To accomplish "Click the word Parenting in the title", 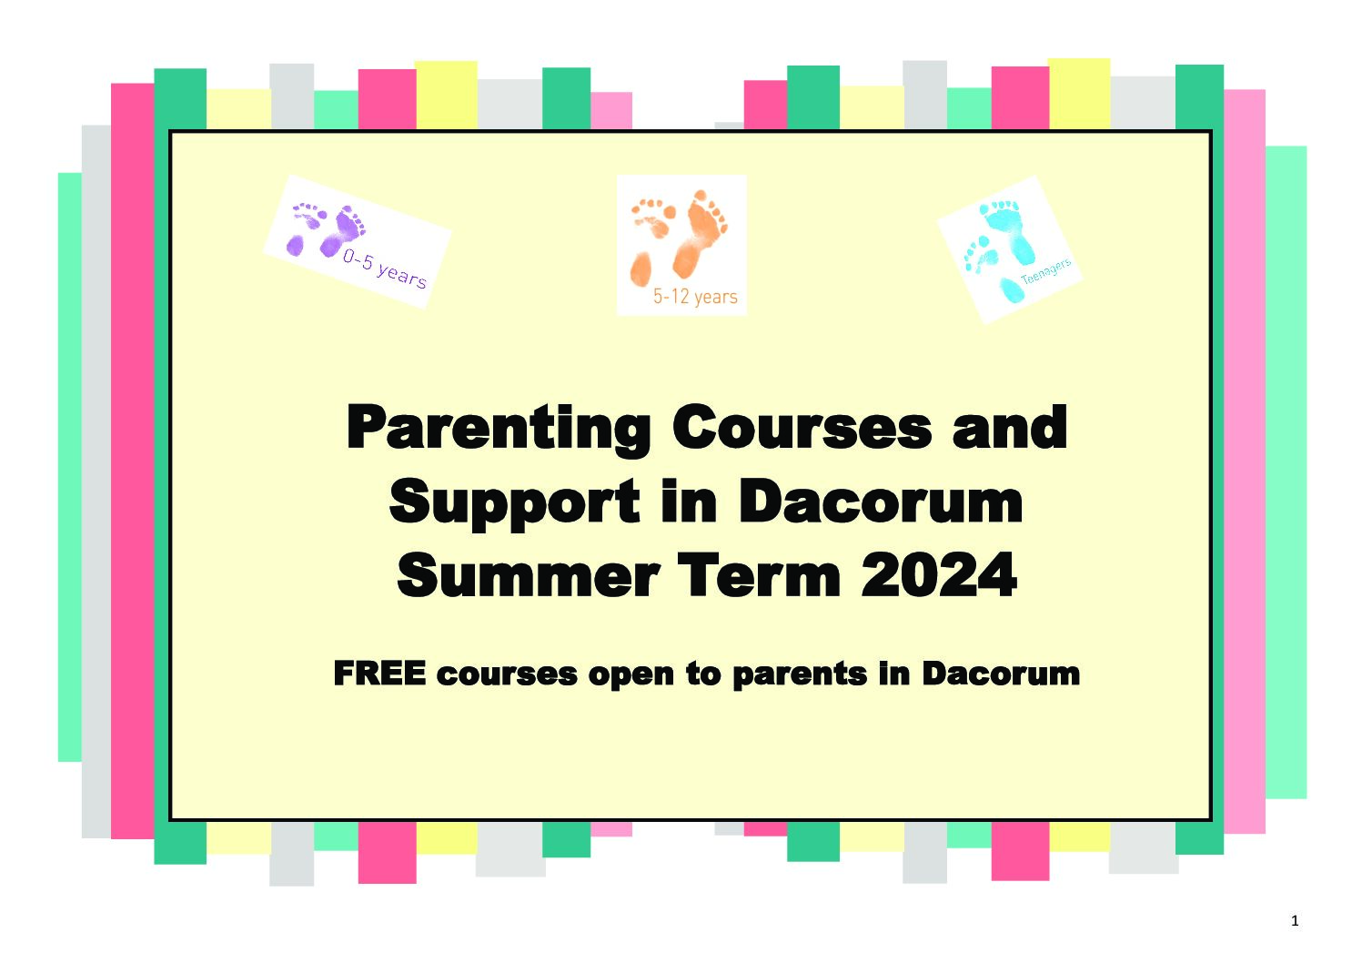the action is point(499,431).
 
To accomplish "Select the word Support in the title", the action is point(514,504).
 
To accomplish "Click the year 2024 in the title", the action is point(939,575).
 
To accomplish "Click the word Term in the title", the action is point(760,575).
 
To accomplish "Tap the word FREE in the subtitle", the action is point(379,674).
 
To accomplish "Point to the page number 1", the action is point(1295,921).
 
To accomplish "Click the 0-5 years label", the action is point(384,269).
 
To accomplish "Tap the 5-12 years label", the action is point(695,296).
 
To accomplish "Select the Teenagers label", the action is point(1045,271).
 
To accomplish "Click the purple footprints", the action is point(326,230).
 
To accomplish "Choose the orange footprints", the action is point(680,238).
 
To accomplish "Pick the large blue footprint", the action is point(1008,231).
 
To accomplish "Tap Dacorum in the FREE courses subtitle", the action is point(1001,674).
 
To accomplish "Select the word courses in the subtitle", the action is point(507,674).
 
